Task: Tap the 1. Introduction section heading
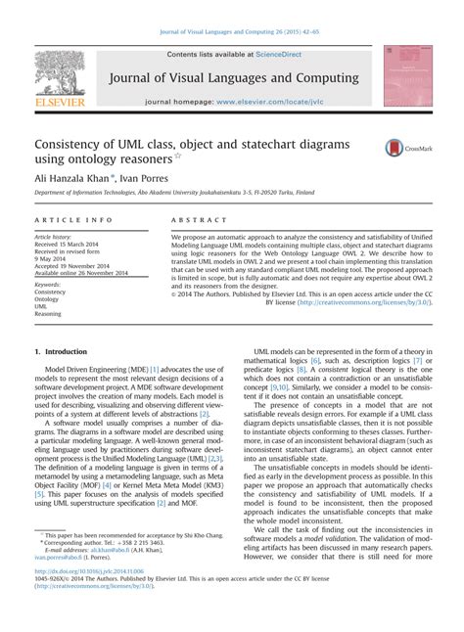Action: [61, 349]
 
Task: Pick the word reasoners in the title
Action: [136, 158]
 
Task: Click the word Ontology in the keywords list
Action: [50, 299]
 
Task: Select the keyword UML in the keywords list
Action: [41, 306]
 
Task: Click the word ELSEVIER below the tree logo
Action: [60, 99]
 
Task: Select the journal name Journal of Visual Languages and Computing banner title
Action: [234, 78]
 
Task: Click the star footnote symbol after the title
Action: [177, 155]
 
